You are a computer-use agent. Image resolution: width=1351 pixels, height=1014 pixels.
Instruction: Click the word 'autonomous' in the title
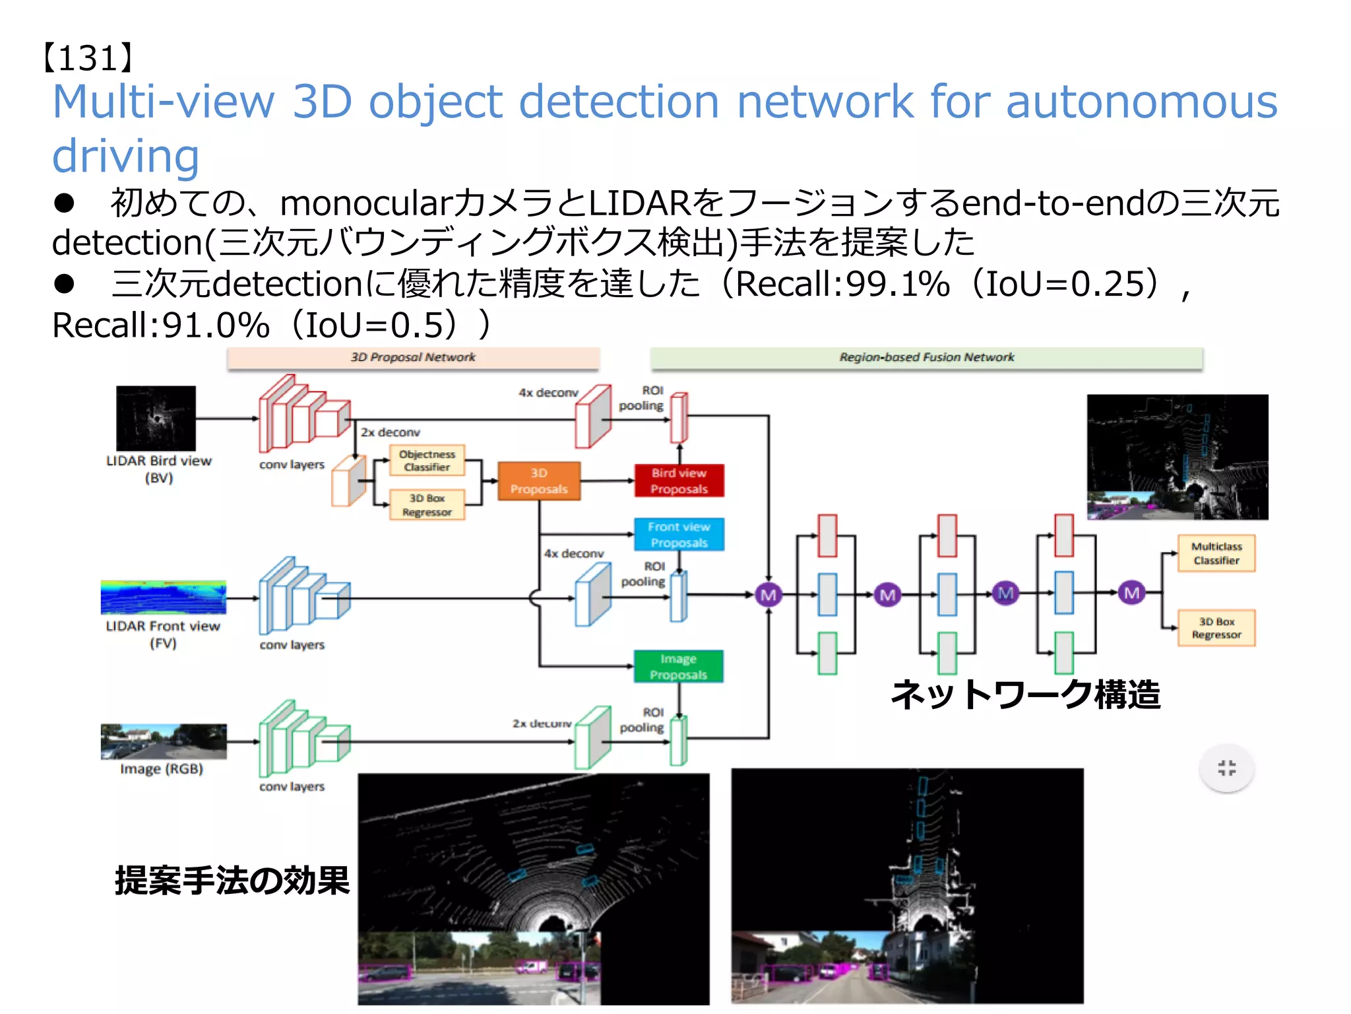pos(1141,102)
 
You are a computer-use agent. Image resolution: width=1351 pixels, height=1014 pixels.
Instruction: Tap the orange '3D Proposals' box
pos(539,481)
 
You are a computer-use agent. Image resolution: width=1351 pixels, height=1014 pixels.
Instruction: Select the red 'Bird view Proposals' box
pos(679,481)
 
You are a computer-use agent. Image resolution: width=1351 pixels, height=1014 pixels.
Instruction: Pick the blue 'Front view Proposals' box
pos(679,535)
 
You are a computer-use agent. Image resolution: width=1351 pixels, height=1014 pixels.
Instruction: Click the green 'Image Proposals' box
pos(678,667)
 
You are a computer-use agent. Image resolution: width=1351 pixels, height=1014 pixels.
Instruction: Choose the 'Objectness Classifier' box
pos(427,461)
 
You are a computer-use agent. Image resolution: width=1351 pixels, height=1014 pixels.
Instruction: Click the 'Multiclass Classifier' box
pos(1216,553)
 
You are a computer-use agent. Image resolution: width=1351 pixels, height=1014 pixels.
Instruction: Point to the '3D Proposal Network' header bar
pos(413,357)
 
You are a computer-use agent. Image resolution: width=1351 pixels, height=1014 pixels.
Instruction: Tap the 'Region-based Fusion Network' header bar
pos(926,357)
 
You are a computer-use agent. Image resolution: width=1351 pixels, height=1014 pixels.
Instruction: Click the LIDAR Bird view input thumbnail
pos(156,419)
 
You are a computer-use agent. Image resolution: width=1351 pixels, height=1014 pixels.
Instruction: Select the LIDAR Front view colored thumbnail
pos(163,597)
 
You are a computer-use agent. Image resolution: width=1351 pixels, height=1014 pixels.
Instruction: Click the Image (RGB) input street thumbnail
pos(163,741)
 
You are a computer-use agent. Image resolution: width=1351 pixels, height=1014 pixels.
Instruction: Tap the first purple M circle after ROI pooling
pos(768,595)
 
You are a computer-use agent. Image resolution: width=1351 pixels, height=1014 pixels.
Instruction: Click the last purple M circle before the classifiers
pos(1131,593)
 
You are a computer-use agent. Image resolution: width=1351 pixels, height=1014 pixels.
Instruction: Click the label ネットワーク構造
pos(1025,695)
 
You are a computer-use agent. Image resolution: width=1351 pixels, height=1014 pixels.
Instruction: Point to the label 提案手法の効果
pos(232,881)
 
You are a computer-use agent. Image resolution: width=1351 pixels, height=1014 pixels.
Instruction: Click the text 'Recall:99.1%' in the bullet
pos(842,285)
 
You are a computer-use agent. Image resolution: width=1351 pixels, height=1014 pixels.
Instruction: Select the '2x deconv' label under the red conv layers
pos(390,432)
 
